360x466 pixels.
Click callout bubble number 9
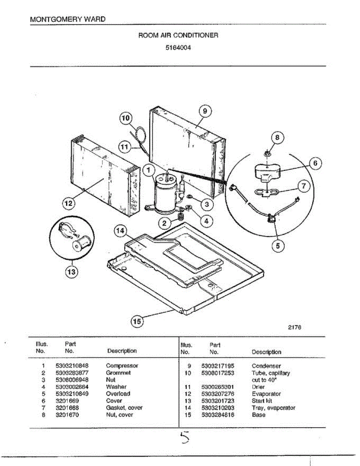tap(205, 111)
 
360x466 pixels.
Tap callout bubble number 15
tap(137, 321)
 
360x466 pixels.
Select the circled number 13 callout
tap(71, 272)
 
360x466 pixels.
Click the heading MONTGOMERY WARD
tap(67, 19)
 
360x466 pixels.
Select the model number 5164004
tap(178, 49)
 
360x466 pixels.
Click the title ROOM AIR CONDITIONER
tap(178, 35)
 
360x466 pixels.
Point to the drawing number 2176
tap(295, 327)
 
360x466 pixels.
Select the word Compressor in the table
tap(122, 366)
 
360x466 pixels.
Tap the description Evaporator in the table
tap(266, 394)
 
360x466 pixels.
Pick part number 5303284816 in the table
tap(217, 415)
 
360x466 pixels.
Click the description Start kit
tap(262, 401)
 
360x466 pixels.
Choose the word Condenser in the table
tap(266, 366)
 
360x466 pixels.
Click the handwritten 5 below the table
tap(185, 438)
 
